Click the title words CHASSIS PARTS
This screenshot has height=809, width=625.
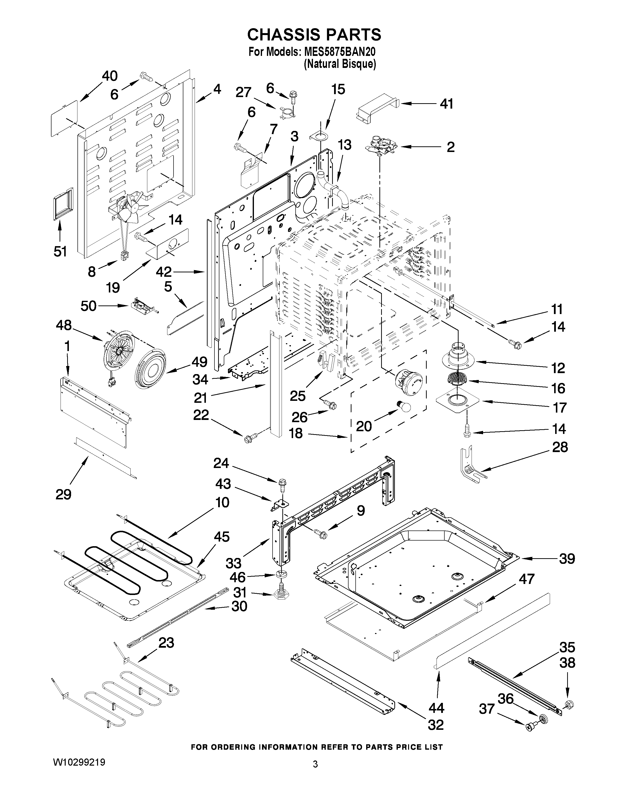click(314, 35)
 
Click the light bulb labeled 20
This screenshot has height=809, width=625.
click(402, 407)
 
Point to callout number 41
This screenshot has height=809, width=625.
click(446, 104)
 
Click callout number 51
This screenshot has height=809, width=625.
click(60, 252)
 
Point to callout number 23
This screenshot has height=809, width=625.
click(166, 643)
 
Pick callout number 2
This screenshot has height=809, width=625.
click(450, 147)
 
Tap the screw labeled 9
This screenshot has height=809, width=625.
click(320, 533)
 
